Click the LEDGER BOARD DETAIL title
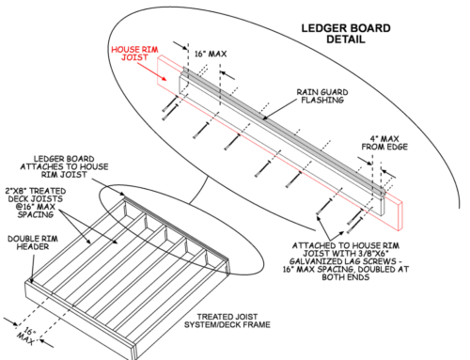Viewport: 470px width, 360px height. pyautogui.click(x=346, y=34)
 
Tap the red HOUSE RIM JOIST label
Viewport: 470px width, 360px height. pyautogui.click(x=134, y=54)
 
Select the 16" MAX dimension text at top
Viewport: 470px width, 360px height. pyautogui.click(x=211, y=54)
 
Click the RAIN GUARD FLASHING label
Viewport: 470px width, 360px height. pyautogui.click(x=322, y=96)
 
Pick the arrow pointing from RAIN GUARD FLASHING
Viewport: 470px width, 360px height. pyautogui.click(x=279, y=110)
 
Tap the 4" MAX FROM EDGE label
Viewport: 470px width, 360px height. pyautogui.click(x=384, y=143)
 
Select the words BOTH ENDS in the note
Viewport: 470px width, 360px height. pyautogui.click(x=346, y=277)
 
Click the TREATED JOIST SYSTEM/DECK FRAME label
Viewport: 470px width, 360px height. pyautogui.click(x=227, y=321)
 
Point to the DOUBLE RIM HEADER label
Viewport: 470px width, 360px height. pyautogui.click(x=33, y=243)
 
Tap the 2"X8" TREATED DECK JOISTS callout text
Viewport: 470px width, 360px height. pyautogui.click(x=36, y=203)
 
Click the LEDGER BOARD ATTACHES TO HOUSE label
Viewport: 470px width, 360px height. pyautogui.click(x=64, y=166)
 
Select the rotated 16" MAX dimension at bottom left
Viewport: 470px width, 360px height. pyautogui.click(x=26, y=336)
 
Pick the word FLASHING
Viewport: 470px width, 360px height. pyautogui.click(x=322, y=101)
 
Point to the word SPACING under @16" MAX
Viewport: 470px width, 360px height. pyautogui.click(x=36, y=214)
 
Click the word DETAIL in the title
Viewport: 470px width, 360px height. pyautogui.click(x=346, y=39)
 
